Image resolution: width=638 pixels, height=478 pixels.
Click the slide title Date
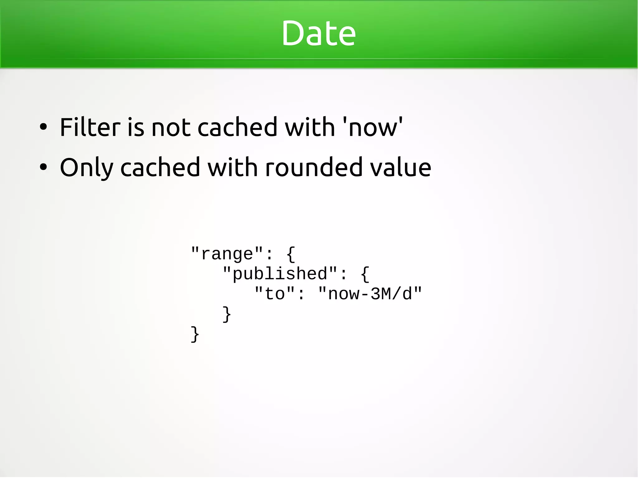[318, 33]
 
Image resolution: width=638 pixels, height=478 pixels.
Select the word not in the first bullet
[171, 128]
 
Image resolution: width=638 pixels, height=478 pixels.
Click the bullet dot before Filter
[43, 127]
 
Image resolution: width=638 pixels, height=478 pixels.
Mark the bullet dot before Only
[43, 167]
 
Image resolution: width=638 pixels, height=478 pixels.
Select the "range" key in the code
[227, 254]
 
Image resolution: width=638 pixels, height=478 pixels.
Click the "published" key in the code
[280, 274]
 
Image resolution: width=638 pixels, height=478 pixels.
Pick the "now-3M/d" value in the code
[370, 294]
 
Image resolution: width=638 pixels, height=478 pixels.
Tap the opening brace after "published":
[365, 274]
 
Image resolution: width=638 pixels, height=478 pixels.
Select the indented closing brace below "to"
[226, 314]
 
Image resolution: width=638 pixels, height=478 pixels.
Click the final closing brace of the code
[195, 334]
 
